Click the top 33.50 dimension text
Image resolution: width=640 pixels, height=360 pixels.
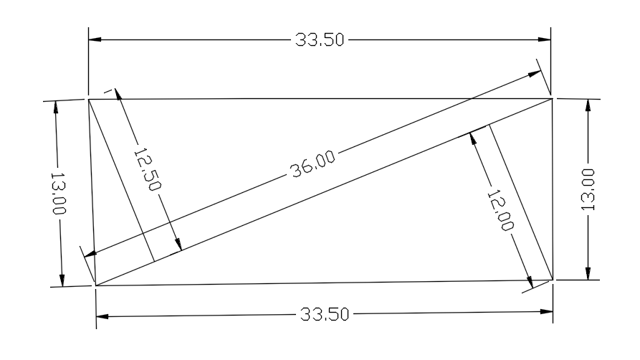coord(320,39)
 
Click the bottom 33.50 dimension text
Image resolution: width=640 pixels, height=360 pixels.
coord(324,315)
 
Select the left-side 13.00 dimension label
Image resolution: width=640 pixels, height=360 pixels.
coord(57,193)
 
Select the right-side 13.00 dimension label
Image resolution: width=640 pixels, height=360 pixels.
coord(588,189)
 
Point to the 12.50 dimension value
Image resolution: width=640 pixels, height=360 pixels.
coord(146,169)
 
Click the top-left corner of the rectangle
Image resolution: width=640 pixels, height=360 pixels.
coord(89,99)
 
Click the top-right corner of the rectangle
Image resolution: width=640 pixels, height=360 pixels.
coord(552,98)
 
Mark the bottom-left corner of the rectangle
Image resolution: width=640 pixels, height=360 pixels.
coord(95,285)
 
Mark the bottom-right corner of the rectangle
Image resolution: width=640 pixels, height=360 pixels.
coord(553,280)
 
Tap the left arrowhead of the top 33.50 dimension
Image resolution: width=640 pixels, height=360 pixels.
coord(95,39)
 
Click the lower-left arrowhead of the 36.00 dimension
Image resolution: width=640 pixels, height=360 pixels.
coord(90,252)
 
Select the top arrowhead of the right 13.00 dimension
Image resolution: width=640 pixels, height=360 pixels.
coord(588,105)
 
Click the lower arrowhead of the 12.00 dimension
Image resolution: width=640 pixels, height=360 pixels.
coord(530,282)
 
